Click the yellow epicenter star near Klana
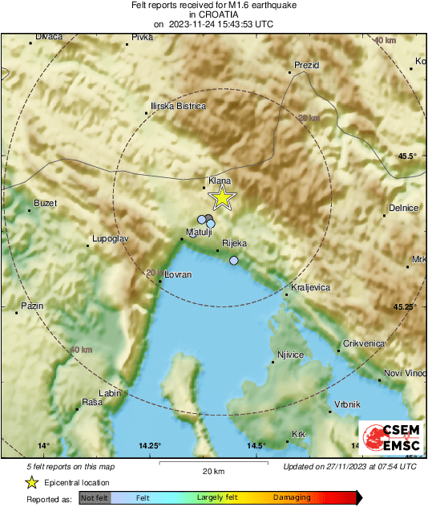222,197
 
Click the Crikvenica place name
364,343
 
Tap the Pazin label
32,306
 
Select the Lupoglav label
111,239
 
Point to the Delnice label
404,208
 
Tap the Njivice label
290,354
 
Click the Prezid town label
307,64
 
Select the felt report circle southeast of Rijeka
234,261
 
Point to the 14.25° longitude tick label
150,445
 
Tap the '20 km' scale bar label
212,471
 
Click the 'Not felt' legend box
93,497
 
